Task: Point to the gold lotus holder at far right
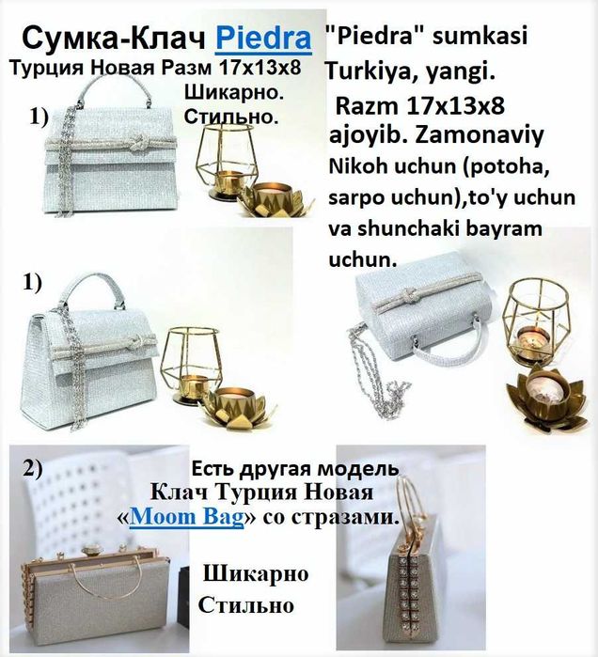(x=547, y=401)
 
